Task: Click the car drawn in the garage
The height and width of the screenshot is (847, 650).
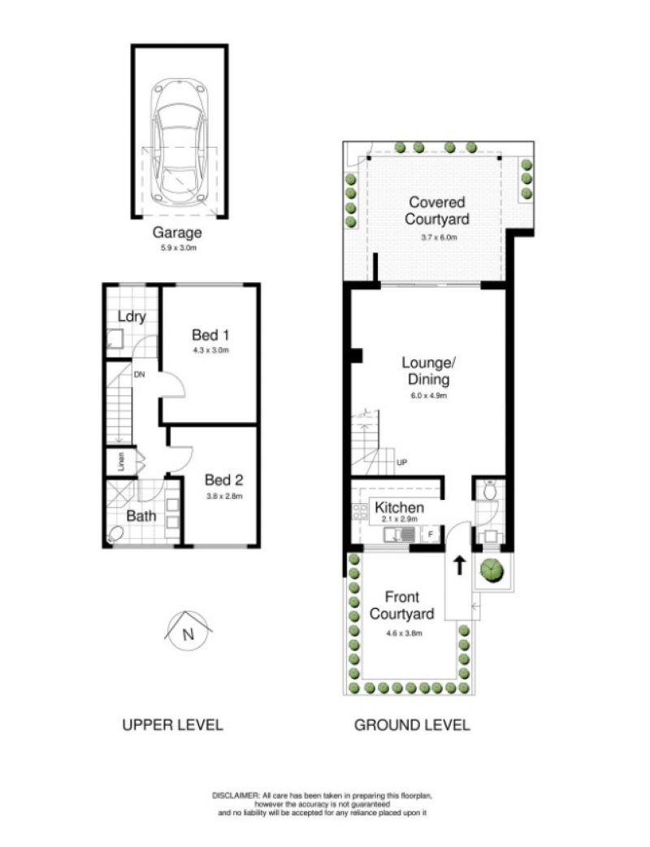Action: pyautogui.click(x=180, y=143)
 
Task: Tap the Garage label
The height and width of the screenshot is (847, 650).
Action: pyautogui.click(x=177, y=232)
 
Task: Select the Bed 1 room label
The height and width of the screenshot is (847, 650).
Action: pyautogui.click(x=210, y=335)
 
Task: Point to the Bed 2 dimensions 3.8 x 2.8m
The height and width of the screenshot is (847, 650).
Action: pyautogui.click(x=223, y=496)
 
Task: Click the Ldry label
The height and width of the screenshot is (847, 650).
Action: pyautogui.click(x=132, y=316)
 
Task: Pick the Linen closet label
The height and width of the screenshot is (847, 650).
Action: pyautogui.click(x=122, y=462)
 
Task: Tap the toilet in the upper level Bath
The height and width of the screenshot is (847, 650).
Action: pyautogui.click(x=115, y=535)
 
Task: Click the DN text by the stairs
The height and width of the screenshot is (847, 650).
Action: pyautogui.click(x=139, y=374)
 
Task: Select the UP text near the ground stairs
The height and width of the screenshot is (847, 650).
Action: pyautogui.click(x=401, y=463)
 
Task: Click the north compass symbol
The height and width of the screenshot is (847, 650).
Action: pyautogui.click(x=188, y=631)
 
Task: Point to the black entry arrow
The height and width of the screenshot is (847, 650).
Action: pyautogui.click(x=459, y=566)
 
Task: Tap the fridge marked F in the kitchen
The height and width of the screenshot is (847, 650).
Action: pyautogui.click(x=431, y=535)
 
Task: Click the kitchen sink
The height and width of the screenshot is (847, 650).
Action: pyautogui.click(x=400, y=536)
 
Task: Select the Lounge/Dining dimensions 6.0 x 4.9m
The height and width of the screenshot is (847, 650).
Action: pyautogui.click(x=429, y=395)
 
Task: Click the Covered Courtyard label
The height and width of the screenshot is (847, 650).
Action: pyautogui.click(x=437, y=211)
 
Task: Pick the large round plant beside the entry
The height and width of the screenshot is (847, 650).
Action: pyautogui.click(x=492, y=569)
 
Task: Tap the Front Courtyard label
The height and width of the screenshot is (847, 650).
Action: pyautogui.click(x=402, y=606)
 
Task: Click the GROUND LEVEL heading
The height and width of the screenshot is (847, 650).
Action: pyautogui.click(x=412, y=725)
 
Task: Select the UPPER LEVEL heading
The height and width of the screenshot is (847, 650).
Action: pyautogui.click(x=173, y=725)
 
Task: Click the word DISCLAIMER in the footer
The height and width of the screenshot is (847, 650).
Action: pyautogui.click(x=236, y=796)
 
